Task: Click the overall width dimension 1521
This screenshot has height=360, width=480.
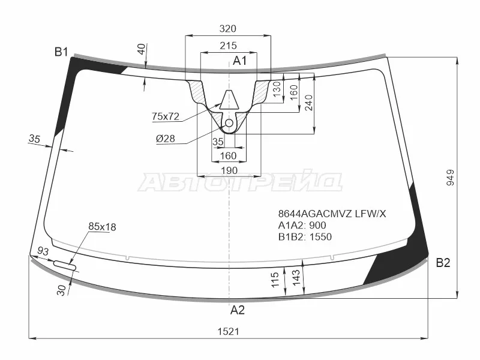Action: tap(228, 331)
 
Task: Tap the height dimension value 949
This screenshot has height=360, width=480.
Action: tap(451, 178)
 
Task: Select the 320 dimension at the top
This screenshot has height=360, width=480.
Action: tap(228, 28)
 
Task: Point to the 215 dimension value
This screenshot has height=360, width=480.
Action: tap(228, 46)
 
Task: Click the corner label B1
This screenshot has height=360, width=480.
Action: tap(61, 52)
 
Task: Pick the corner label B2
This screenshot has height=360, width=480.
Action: tap(443, 263)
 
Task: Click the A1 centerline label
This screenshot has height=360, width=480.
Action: tap(239, 61)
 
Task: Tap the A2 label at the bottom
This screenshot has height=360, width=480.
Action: tap(238, 310)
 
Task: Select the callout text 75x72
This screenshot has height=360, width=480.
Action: tap(166, 116)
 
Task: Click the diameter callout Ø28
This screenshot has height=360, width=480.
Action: tap(166, 139)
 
